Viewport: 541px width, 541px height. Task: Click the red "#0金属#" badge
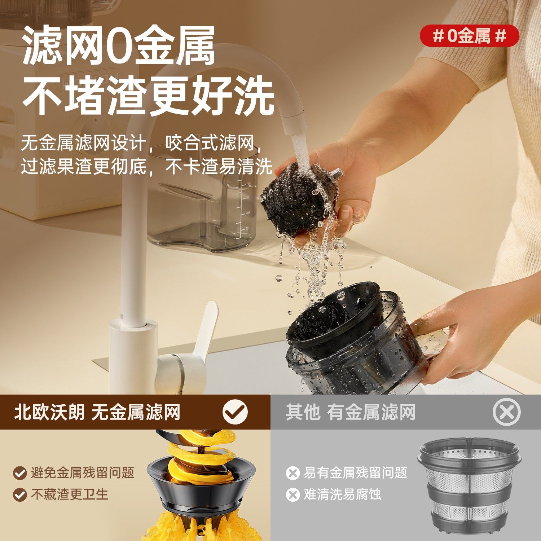(469, 36)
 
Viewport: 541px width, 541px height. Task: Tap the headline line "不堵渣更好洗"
(148, 96)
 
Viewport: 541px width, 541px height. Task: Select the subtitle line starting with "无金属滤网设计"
(141, 143)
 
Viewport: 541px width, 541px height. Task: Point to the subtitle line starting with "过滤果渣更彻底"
(146, 167)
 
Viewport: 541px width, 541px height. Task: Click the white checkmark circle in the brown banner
(235, 412)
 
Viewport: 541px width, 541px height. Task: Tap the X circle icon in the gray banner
(506, 412)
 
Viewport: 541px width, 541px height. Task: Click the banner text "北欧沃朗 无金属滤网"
(97, 412)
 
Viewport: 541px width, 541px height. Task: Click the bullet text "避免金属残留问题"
(82, 472)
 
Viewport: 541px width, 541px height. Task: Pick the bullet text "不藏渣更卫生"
(69, 494)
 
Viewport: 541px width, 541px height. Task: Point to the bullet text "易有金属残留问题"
(355, 472)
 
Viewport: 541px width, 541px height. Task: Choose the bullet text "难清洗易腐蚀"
(342, 494)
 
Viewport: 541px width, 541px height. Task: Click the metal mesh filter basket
(469, 487)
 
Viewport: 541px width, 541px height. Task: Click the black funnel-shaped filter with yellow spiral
(202, 480)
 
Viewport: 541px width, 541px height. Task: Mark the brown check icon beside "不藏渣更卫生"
(19, 494)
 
